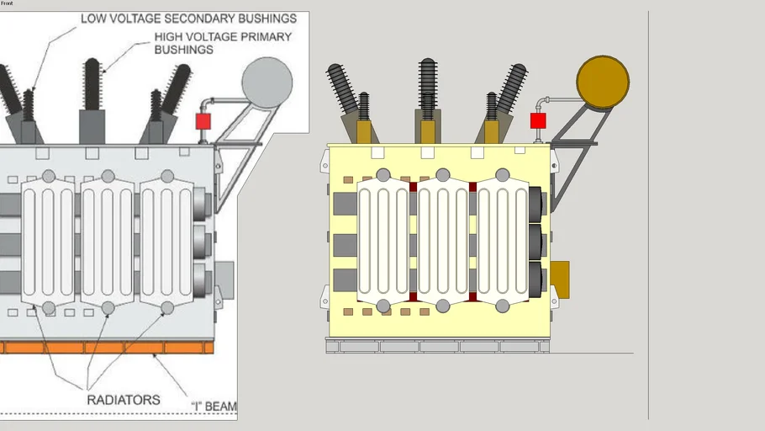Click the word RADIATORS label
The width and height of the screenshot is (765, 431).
pyautogui.click(x=123, y=400)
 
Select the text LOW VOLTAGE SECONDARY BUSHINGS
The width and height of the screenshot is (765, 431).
pyautogui.click(x=188, y=18)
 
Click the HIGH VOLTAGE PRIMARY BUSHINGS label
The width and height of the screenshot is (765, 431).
pyautogui.click(x=222, y=43)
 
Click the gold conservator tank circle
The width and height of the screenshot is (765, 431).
pyautogui.click(x=602, y=82)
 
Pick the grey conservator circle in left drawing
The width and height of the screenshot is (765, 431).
pyautogui.click(x=266, y=82)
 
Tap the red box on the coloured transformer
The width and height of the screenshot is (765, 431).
pyautogui.click(x=538, y=121)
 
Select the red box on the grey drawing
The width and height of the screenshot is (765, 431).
pyautogui.click(x=203, y=121)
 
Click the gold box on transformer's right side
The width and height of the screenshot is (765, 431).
pyautogui.click(x=559, y=279)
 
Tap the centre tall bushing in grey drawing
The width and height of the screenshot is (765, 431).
pyautogui.click(x=92, y=84)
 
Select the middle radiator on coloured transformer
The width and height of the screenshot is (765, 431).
pyautogui.click(x=443, y=240)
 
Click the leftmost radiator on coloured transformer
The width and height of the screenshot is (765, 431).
pyautogui.click(x=383, y=240)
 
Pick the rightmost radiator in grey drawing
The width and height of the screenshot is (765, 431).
pyautogui.click(x=167, y=240)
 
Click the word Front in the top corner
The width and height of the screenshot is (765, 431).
pyautogui.click(x=7, y=3)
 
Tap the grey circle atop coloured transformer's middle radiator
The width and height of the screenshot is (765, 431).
pyautogui.click(x=443, y=175)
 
